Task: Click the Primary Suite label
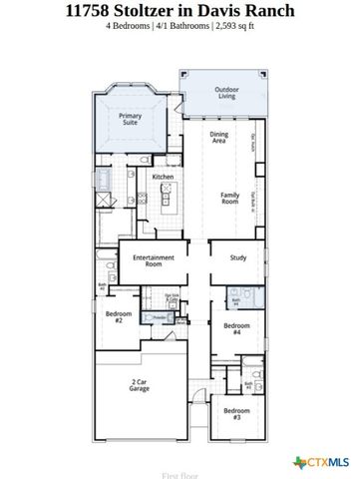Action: click(x=131, y=120)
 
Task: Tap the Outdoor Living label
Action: click(x=226, y=94)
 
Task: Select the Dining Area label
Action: click(x=219, y=139)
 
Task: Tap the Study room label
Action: click(x=237, y=257)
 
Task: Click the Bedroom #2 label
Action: click(x=116, y=317)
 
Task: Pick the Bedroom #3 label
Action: click(x=236, y=413)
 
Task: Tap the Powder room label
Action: click(x=158, y=316)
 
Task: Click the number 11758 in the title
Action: click(x=89, y=12)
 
